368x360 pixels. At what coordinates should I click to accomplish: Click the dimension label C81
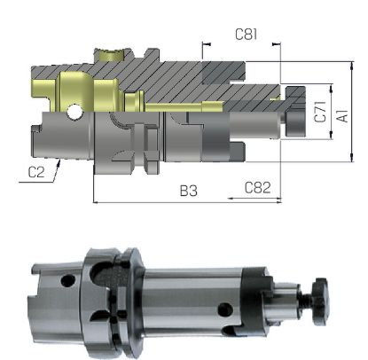246,35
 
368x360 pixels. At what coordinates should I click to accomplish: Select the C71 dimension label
318,113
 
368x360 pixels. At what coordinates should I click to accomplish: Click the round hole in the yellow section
74,112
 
